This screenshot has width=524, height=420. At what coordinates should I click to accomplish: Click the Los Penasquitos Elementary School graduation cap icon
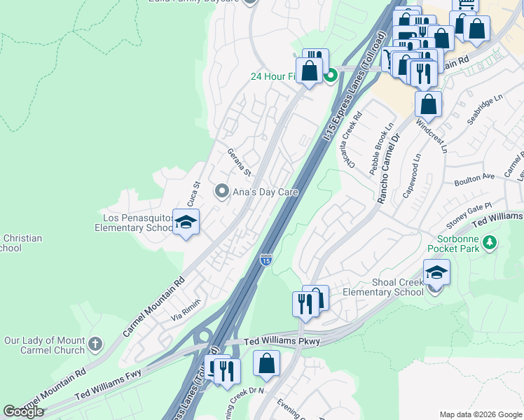186,223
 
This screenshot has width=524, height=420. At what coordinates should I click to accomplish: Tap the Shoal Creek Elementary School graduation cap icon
436,272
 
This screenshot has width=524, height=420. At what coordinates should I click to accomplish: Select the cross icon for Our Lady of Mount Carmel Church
95,345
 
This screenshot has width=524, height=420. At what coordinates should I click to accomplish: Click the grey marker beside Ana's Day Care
222,191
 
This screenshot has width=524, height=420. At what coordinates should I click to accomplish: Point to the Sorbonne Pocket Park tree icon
490,243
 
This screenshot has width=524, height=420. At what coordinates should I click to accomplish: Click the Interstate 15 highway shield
266,260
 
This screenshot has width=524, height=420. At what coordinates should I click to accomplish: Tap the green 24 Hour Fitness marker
331,76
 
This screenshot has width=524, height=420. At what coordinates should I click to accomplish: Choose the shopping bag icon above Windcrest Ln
428,105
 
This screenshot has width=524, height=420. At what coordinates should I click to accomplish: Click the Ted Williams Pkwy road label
282,342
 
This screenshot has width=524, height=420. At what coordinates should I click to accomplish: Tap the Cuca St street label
195,191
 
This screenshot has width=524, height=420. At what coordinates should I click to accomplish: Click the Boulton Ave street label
474,180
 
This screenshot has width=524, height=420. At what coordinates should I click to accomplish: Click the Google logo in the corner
24,412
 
